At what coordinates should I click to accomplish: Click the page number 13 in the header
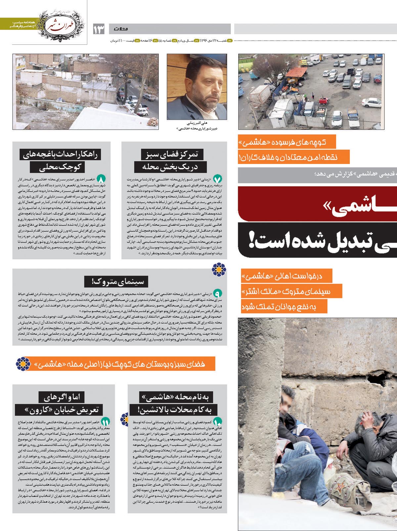pyautogui.click(x=99, y=29)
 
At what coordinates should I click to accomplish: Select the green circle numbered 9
pyautogui.click(x=218, y=293)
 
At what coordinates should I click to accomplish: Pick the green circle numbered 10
pyautogui.click(x=218, y=421)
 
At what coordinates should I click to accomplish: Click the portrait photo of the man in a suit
pyautogui.click(x=197, y=86)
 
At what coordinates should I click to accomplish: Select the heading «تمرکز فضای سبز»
pyautogui.click(x=175, y=154)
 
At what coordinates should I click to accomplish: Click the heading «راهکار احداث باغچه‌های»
pyautogui.click(x=61, y=154)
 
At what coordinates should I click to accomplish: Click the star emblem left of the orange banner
pyautogui.click(x=23, y=364)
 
